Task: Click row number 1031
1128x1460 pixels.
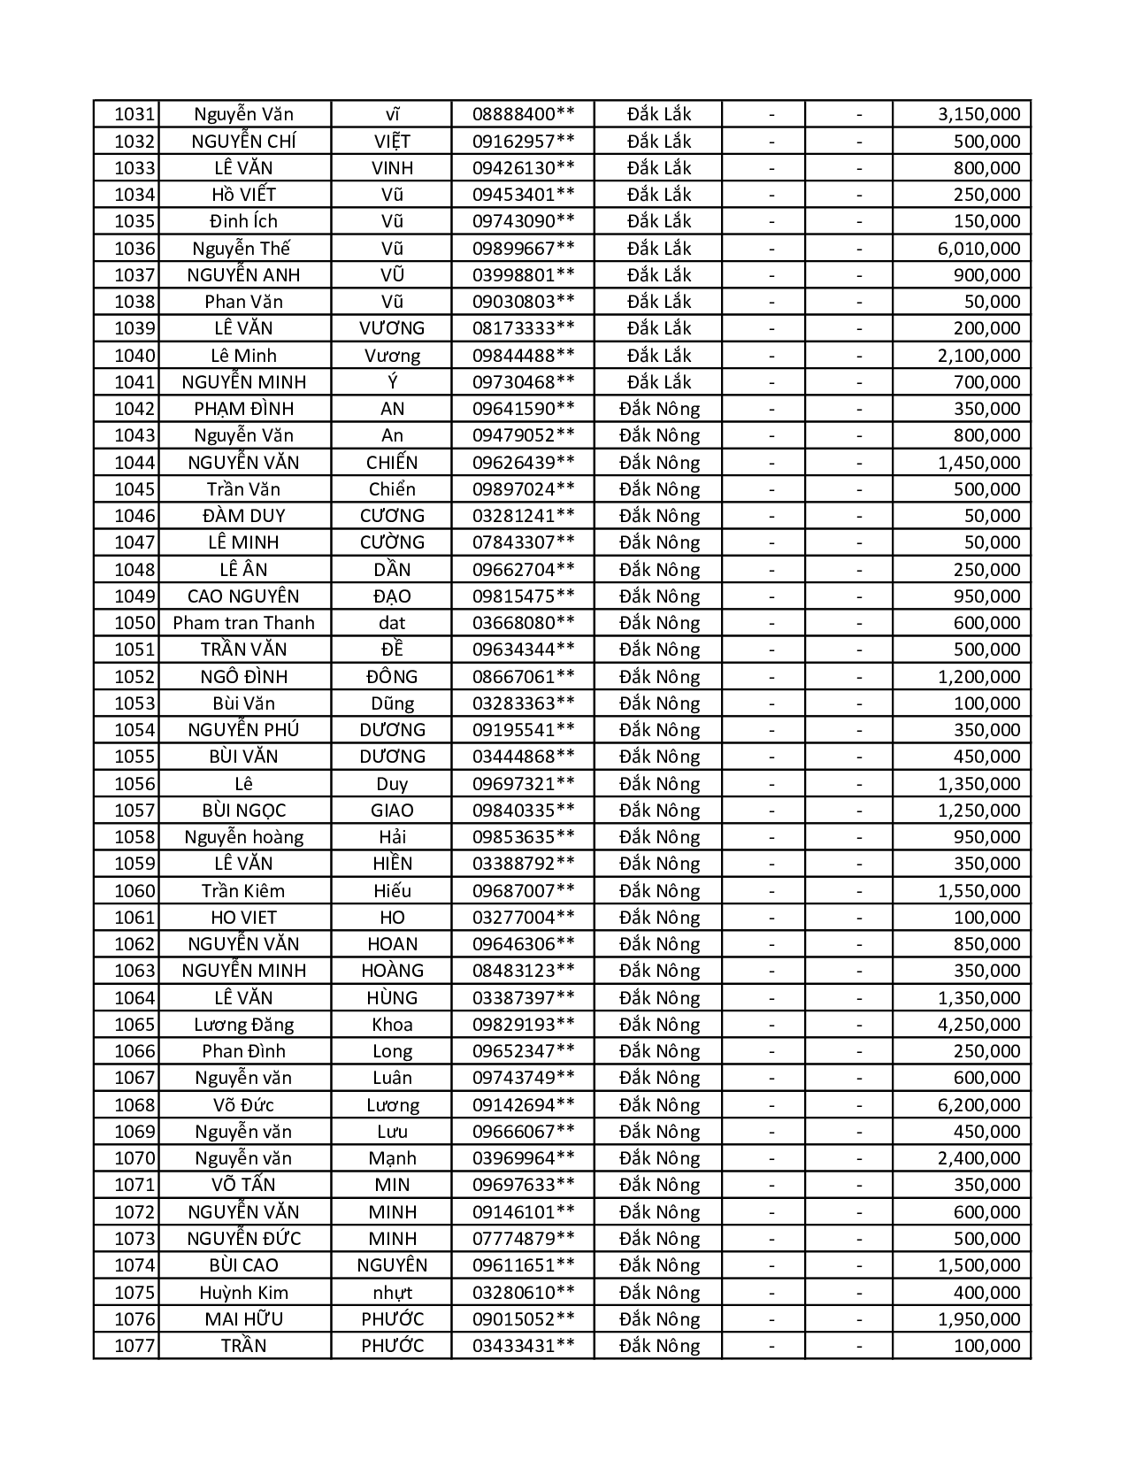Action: pyautogui.click(x=134, y=114)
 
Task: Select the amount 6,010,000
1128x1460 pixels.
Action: pyautogui.click(x=978, y=249)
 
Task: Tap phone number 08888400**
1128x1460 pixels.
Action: pyautogui.click(x=523, y=114)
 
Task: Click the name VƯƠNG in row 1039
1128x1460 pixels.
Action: pyautogui.click(x=392, y=328)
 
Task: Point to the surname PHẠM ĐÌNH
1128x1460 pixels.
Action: pyautogui.click(x=244, y=409)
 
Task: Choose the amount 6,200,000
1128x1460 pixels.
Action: pyautogui.click(x=978, y=1105)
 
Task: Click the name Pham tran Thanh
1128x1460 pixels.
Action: pyautogui.click(x=244, y=623)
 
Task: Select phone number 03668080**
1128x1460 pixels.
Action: pyautogui.click(x=523, y=623)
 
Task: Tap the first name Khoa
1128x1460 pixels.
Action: pyautogui.click(x=392, y=1025)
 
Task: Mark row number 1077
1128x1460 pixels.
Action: pyautogui.click(x=134, y=1346)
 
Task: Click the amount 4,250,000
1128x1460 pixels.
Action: pyautogui.click(x=978, y=1025)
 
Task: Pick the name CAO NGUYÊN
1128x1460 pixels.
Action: pyautogui.click(x=244, y=596)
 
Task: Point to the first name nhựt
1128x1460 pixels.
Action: pyautogui.click(x=392, y=1293)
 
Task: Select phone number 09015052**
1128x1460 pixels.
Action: pyautogui.click(x=523, y=1319)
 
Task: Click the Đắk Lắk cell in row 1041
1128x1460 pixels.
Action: pyautogui.click(x=659, y=382)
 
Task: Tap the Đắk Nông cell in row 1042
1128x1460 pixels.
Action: pyautogui.click(x=659, y=409)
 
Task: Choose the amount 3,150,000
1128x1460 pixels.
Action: pyautogui.click(x=978, y=114)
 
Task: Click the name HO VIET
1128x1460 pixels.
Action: pyautogui.click(x=244, y=918)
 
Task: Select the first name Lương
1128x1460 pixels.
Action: pyautogui.click(x=392, y=1105)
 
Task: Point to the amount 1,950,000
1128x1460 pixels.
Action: pyautogui.click(x=978, y=1319)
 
